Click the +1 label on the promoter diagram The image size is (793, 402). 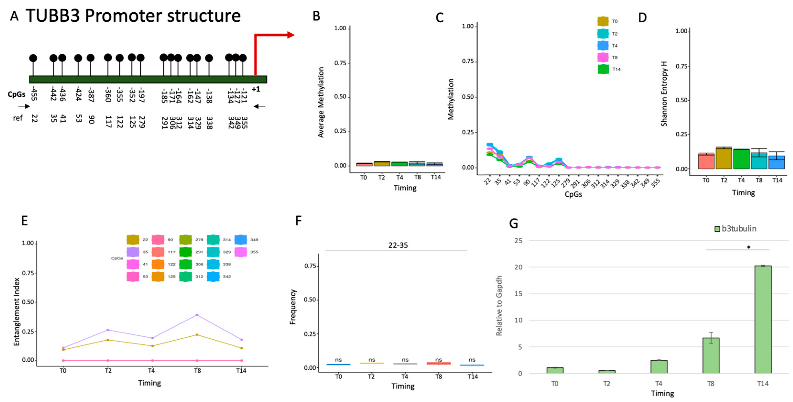coord(256,89)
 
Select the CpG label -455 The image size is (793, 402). coord(34,94)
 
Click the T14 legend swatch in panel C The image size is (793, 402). coord(603,69)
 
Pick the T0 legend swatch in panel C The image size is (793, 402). coord(603,21)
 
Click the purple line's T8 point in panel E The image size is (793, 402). coord(197,315)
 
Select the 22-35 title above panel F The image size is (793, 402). coord(398,245)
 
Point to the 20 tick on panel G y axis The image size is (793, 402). coord(518,267)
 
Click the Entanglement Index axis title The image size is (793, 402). coord(17,311)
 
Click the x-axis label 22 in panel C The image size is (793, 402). coord(487,182)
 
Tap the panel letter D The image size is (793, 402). coord(642,18)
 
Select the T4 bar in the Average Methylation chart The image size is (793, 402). coord(399,164)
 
